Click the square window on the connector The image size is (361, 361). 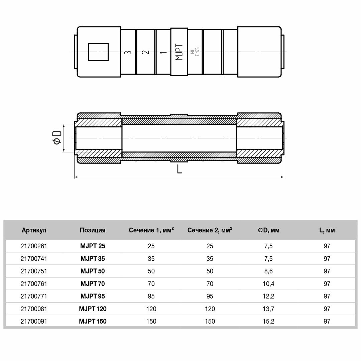98,52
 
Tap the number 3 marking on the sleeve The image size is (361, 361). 127,52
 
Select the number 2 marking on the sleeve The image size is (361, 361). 145,52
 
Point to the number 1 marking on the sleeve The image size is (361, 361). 163,52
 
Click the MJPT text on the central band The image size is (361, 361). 179,52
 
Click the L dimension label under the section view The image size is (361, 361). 179,169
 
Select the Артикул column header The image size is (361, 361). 34,230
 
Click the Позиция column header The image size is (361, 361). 93,230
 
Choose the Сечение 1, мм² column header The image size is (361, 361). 151,230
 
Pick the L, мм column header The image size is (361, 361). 327,230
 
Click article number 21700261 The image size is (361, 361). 34,246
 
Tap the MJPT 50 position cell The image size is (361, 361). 93,271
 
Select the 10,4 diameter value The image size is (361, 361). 268,284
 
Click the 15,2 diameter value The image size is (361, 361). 268,322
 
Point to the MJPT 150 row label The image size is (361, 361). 93,322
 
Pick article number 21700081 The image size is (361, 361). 34,309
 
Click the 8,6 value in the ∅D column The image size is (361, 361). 268,271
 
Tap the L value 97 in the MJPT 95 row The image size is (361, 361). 327,296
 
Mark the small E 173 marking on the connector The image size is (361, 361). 198,52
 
